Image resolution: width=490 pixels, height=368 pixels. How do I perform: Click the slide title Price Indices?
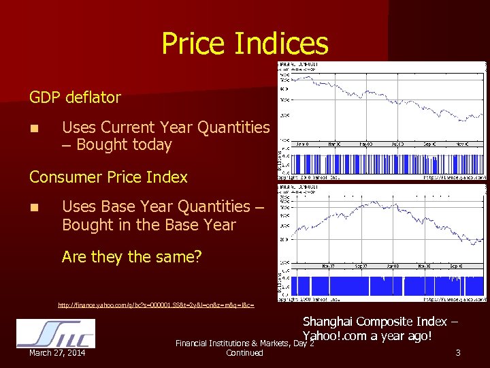point(244,44)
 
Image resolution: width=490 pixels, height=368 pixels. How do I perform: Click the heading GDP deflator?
point(75,97)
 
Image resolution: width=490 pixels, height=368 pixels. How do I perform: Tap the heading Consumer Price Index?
point(108,177)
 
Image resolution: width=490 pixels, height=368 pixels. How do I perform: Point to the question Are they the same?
point(131,257)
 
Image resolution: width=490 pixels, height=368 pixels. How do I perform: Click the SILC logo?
point(55,333)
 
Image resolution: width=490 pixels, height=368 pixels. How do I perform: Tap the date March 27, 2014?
point(57,353)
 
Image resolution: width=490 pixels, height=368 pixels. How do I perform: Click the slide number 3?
point(458,352)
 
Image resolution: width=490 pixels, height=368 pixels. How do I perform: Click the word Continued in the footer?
point(244,353)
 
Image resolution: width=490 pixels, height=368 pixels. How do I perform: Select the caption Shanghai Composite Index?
point(380,321)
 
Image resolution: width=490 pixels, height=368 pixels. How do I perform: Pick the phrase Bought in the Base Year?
point(148,225)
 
